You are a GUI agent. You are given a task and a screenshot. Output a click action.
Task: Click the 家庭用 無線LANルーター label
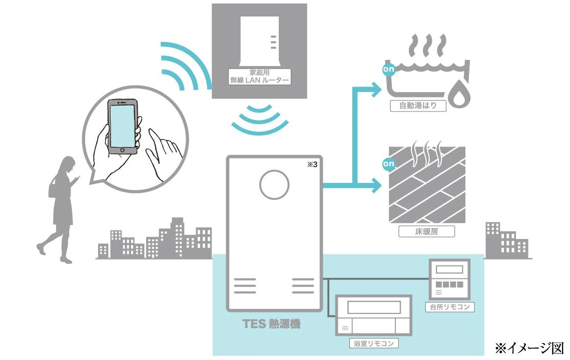click(x=259, y=75)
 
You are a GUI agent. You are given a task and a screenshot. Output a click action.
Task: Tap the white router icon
click(x=259, y=41)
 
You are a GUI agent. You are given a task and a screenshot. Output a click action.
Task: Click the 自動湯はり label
click(x=418, y=106)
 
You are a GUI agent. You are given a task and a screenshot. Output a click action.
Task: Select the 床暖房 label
click(x=420, y=231)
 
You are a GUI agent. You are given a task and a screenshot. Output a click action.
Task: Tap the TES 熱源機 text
click(x=272, y=324)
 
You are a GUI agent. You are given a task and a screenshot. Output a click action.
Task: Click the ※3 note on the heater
click(x=312, y=165)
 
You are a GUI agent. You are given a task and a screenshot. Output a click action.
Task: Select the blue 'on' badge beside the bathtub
click(x=389, y=69)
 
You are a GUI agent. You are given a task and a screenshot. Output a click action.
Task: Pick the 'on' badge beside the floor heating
click(x=389, y=163)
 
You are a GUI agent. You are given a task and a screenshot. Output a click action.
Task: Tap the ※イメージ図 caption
click(x=529, y=347)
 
